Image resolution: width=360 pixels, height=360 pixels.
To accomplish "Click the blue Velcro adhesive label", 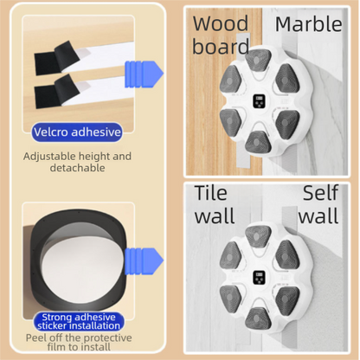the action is click(77, 132).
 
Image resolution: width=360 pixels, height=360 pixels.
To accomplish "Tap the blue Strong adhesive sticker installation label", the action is click(79, 321).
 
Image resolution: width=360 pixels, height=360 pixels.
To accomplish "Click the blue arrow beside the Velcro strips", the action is click(144, 74).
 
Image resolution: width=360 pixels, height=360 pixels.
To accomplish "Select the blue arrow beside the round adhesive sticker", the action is click(144, 261).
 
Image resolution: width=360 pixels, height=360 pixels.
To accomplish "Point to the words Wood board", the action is click(221, 35).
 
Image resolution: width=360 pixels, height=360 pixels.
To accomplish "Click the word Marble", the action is click(309, 24).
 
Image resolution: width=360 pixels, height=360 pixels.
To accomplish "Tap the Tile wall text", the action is click(215, 204).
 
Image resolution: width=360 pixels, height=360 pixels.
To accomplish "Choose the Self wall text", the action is click(318, 204).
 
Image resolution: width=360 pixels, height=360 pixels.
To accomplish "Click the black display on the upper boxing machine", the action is click(259, 101).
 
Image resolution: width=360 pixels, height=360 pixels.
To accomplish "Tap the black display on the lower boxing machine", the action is click(259, 278).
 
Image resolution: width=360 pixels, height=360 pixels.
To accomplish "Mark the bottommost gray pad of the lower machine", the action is click(258, 318).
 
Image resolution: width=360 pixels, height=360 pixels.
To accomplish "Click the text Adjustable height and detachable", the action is click(77, 162).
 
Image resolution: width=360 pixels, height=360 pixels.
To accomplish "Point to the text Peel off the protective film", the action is click(79, 342).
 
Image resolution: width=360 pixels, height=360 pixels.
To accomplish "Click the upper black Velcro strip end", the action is click(56, 58).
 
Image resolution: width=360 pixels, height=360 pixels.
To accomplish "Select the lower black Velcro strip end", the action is click(56, 91).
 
